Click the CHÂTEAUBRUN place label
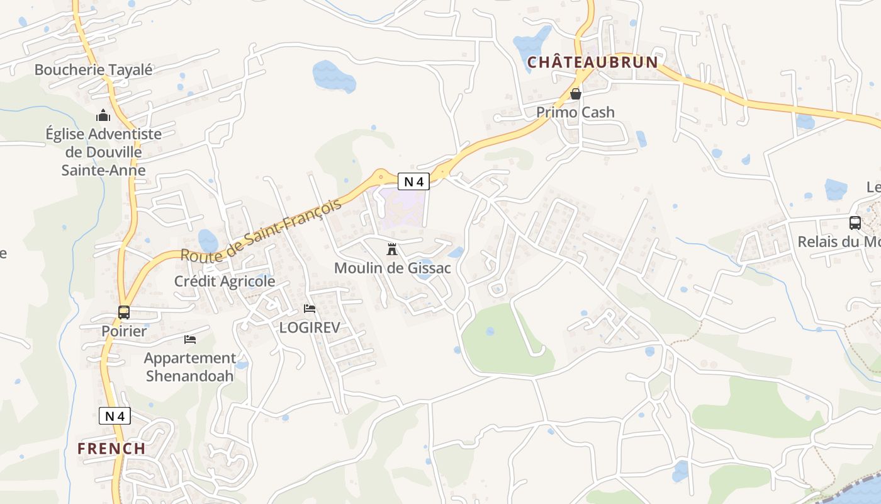pyautogui.click(x=592, y=62)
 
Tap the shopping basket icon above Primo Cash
pyautogui.click(x=575, y=94)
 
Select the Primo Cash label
pyautogui.click(x=575, y=112)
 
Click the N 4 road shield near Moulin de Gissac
pyautogui.click(x=413, y=181)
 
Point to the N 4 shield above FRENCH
pyautogui.click(x=115, y=416)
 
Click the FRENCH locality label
pyautogui.click(x=111, y=449)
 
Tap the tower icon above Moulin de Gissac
pyautogui.click(x=392, y=249)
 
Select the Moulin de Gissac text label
pyautogui.click(x=392, y=268)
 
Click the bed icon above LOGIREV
pyautogui.click(x=310, y=309)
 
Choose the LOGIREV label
pyautogui.click(x=310, y=328)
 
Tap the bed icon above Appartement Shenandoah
pyautogui.click(x=190, y=340)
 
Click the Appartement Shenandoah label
pyautogui.click(x=190, y=367)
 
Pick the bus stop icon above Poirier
pyautogui.click(x=124, y=312)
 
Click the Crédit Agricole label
pyautogui.click(x=225, y=281)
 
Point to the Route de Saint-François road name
pyautogui.click(x=261, y=230)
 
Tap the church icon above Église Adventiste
pyautogui.click(x=103, y=115)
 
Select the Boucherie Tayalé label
pyautogui.click(x=93, y=70)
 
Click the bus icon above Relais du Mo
pyautogui.click(x=855, y=222)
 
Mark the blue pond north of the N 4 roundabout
pyautogui.click(x=334, y=76)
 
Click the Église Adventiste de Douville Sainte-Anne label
pyautogui.click(x=103, y=152)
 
